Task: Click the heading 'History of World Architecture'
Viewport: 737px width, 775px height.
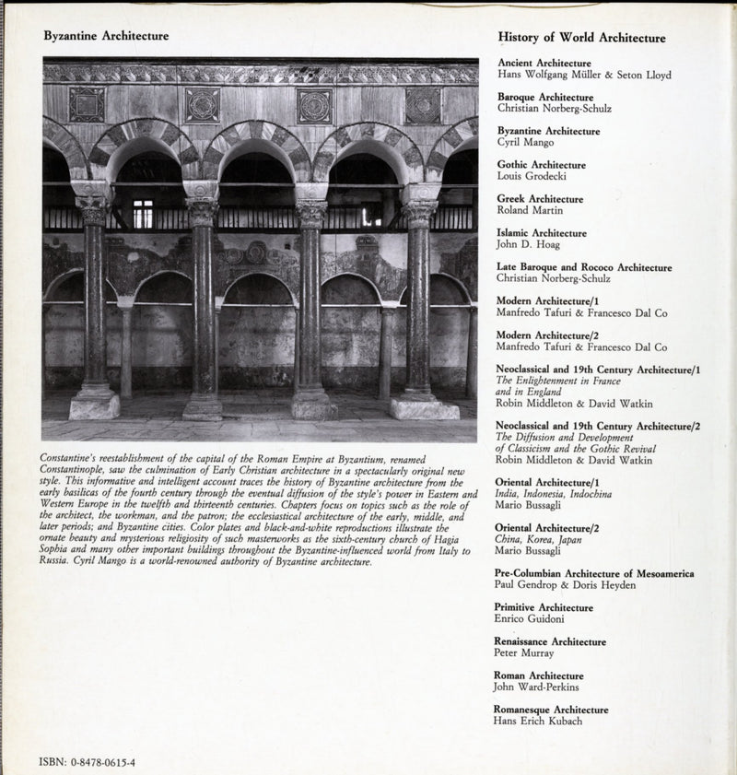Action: [x=581, y=39]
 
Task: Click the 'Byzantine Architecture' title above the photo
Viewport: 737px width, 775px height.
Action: [x=106, y=37]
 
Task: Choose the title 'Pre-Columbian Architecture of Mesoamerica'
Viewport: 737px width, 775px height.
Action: [x=594, y=574]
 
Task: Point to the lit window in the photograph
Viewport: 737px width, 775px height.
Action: [x=143, y=214]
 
